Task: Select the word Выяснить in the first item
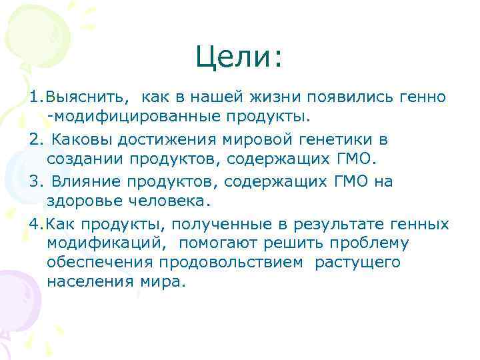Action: (73, 97)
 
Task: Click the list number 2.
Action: (35, 140)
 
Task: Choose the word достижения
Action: (165, 140)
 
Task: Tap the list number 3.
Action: (35, 182)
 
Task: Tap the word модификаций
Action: (103, 243)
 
